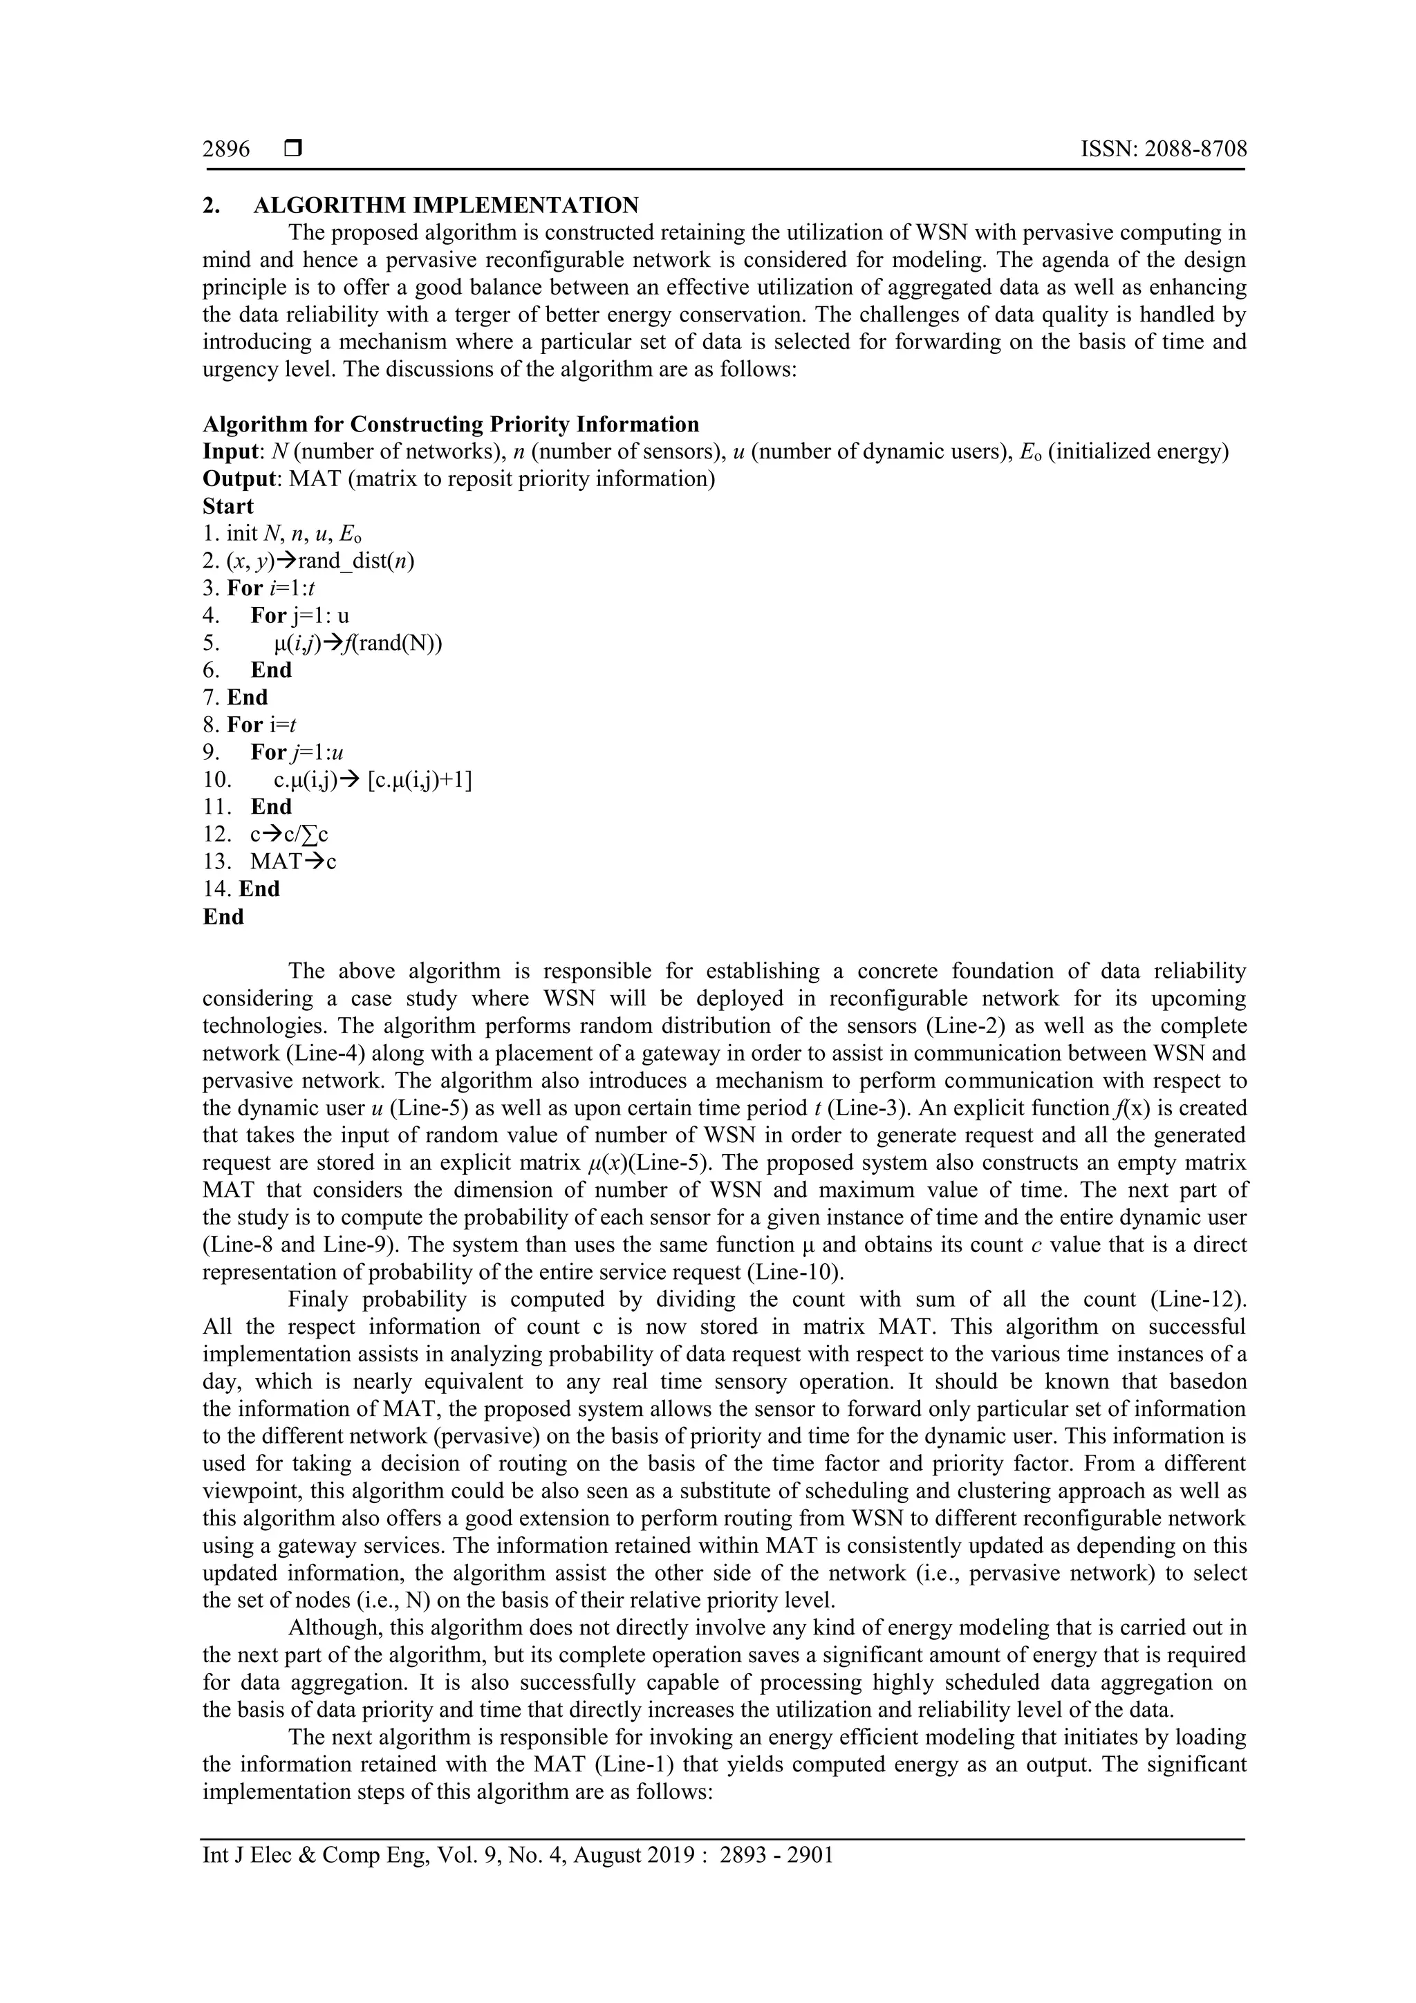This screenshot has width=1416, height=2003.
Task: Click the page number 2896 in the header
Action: [226, 150]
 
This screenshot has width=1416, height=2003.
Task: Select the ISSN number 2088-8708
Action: [1195, 150]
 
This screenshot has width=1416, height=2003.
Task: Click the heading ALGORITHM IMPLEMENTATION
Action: [446, 206]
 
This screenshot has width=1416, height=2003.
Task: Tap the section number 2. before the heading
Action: [210, 206]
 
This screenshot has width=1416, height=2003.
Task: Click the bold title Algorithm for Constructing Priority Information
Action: [450, 425]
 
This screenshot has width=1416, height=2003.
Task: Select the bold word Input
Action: [230, 452]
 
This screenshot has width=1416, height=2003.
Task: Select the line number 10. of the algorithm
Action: [216, 780]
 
